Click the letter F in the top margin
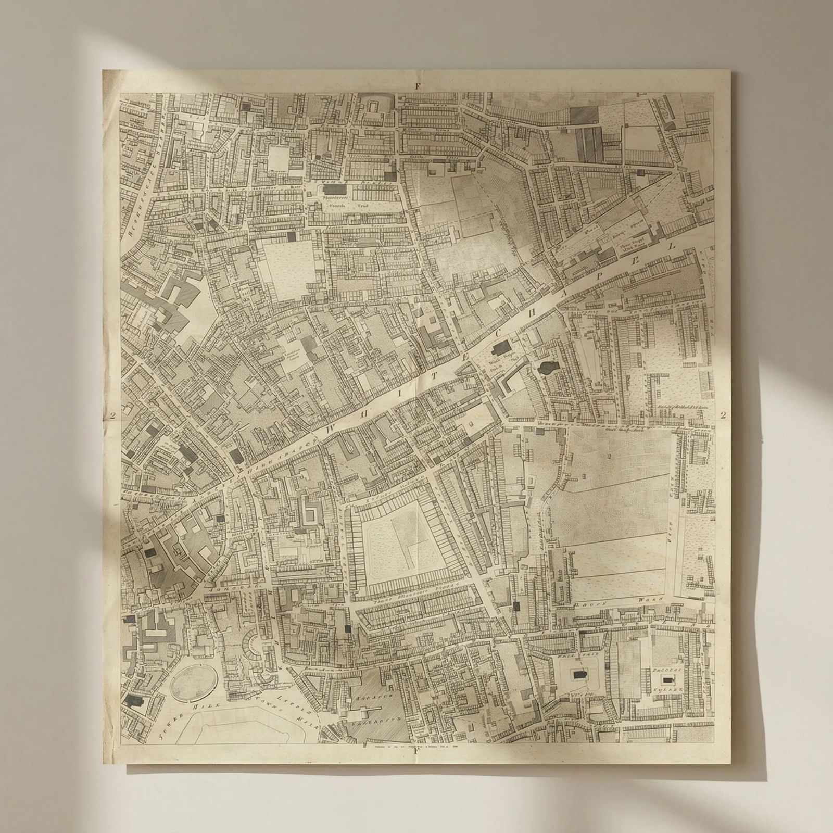point(416,86)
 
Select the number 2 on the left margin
point(113,415)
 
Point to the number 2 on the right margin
point(723,415)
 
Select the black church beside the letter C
point(501,348)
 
